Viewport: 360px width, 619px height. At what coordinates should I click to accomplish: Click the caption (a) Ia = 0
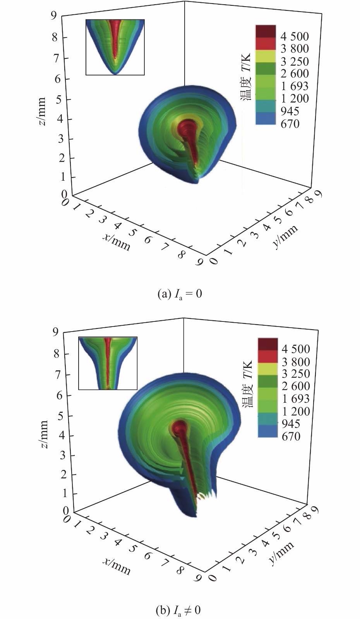pos(180,294)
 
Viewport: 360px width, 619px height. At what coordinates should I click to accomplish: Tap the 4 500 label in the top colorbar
pos(295,37)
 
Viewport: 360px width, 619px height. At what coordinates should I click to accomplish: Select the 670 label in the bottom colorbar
pos(291,436)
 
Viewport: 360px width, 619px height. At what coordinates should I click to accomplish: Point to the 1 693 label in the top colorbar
pos(295,86)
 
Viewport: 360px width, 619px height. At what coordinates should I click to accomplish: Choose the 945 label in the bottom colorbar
pos(291,424)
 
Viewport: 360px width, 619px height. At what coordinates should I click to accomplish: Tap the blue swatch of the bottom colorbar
pos(267,431)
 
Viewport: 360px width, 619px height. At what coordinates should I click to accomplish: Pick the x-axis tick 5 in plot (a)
pos(132,233)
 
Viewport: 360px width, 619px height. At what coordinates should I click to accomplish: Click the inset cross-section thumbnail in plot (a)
pos(115,47)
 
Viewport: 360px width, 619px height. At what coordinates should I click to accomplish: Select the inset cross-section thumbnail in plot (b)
pos(108,363)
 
